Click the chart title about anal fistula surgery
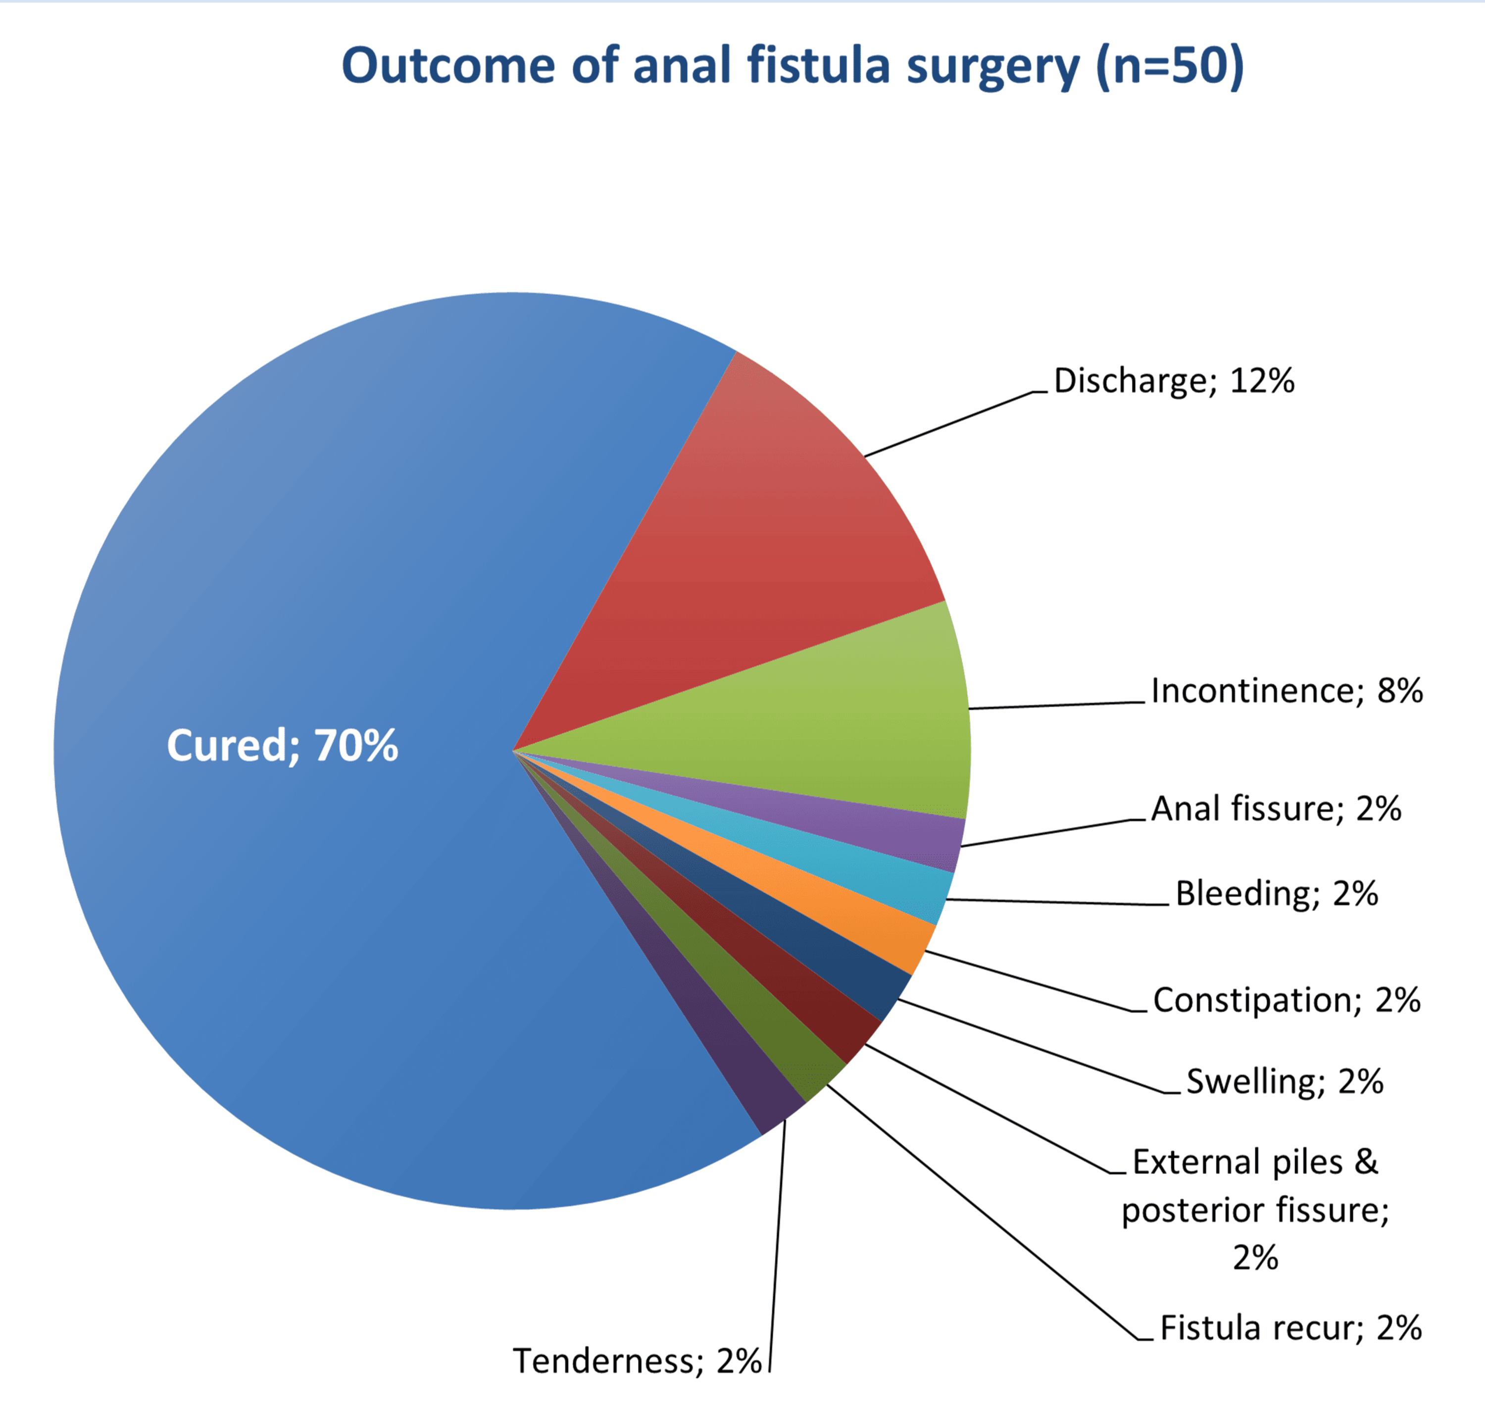pos(792,66)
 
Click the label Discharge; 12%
pos(1174,380)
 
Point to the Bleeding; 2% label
pos(1277,894)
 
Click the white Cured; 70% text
pos(282,746)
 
